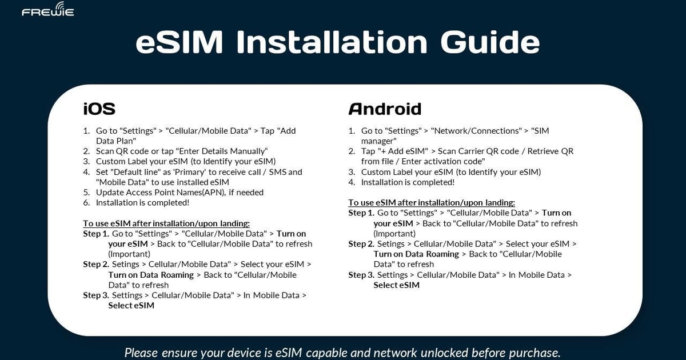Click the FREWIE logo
47,11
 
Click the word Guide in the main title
490,43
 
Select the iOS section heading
99,109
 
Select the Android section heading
385,109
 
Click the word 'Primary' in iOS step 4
192,172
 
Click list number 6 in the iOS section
86,203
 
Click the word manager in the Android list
378,141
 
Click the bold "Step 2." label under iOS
95,265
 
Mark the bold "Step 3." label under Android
361,275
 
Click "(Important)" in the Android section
394,234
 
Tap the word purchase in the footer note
533,352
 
